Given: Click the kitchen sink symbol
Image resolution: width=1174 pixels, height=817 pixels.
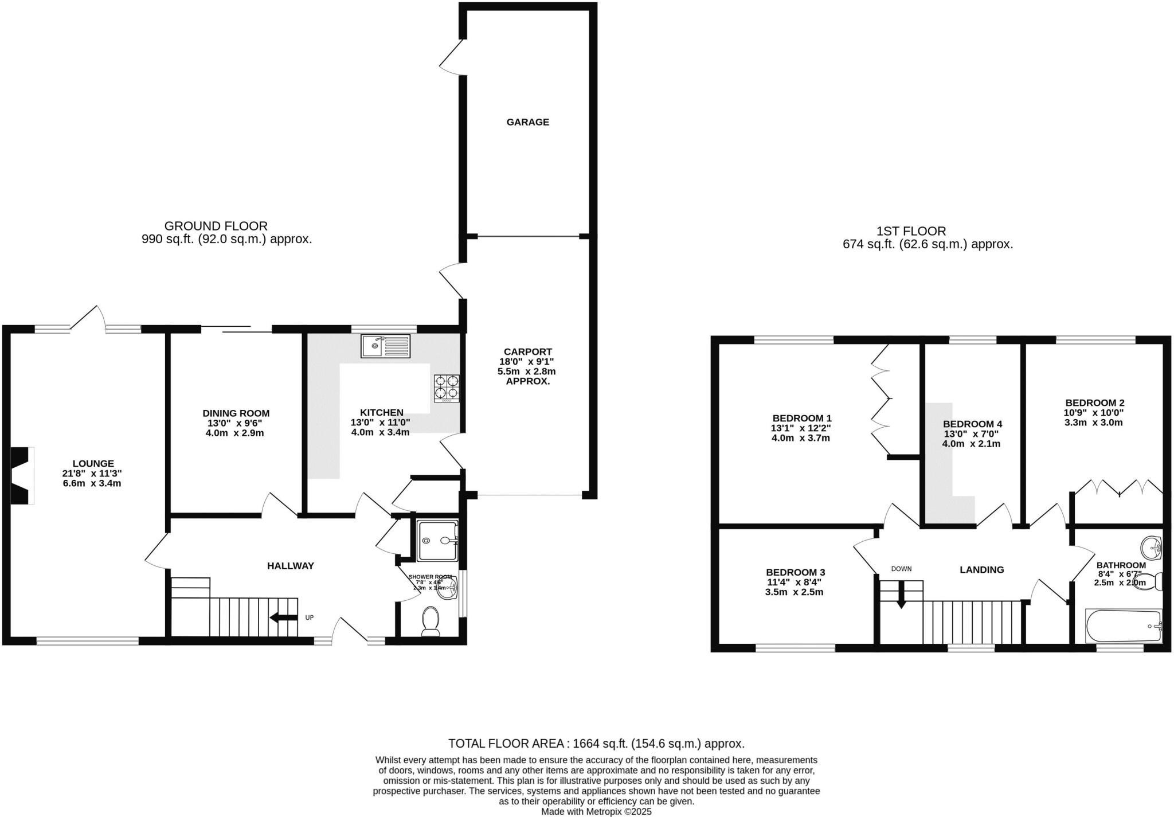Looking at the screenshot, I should coord(385,346).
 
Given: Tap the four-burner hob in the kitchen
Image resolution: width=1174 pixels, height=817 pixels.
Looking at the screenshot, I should coord(447,388).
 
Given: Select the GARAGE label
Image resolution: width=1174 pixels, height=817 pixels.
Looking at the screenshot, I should coord(527,122).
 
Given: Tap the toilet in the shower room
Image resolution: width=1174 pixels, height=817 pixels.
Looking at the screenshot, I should coord(431,621).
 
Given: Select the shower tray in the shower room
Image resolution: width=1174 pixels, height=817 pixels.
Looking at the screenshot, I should coord(438,540).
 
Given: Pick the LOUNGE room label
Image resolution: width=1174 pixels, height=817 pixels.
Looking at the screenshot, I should coord(93,463).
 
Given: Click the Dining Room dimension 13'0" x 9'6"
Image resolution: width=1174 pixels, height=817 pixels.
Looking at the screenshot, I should coord(235,423).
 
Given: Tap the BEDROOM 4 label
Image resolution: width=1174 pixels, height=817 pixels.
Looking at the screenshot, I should coord(972,424).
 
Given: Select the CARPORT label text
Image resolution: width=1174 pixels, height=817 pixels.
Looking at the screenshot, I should coord(527,351).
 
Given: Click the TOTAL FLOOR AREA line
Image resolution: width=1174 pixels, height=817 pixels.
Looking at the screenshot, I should coord(596,744).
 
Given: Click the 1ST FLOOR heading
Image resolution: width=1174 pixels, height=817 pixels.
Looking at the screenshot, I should coord(911,231).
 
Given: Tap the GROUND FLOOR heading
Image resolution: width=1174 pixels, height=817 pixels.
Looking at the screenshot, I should coord(216,226).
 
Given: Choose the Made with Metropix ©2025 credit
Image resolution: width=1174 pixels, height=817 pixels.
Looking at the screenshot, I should coord(596,812).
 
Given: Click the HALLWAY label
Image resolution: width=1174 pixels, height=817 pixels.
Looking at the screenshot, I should coord(291,566).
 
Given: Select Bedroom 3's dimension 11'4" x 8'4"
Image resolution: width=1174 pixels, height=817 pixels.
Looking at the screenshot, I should coord(795,582).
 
